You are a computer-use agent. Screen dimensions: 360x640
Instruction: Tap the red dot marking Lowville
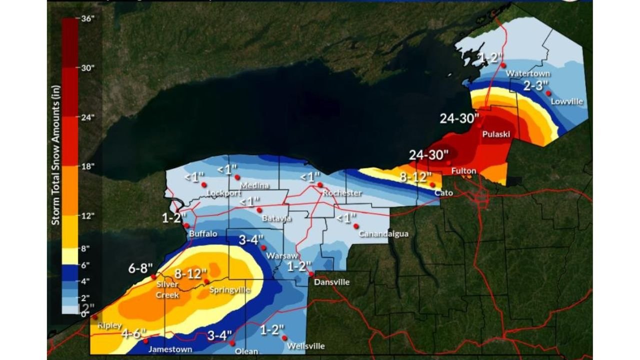pos(548,93)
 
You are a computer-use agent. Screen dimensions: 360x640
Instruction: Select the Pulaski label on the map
pos(495,134)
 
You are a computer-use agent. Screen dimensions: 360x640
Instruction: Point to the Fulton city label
pos(463,171)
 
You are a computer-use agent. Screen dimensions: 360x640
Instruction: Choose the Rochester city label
pos(342,193)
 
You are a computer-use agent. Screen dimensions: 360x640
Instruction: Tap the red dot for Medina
pos(237,177)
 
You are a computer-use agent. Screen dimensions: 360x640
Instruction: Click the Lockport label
pos(213,192)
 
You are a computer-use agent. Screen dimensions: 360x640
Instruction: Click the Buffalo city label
pos(203,233)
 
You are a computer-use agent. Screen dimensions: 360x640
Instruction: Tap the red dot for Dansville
pos(311,274)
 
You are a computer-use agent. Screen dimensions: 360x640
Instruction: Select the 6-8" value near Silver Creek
pos(140,268)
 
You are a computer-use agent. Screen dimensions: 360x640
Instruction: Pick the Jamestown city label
pos(170,349)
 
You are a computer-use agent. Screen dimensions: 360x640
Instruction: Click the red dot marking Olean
pos(232,343)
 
